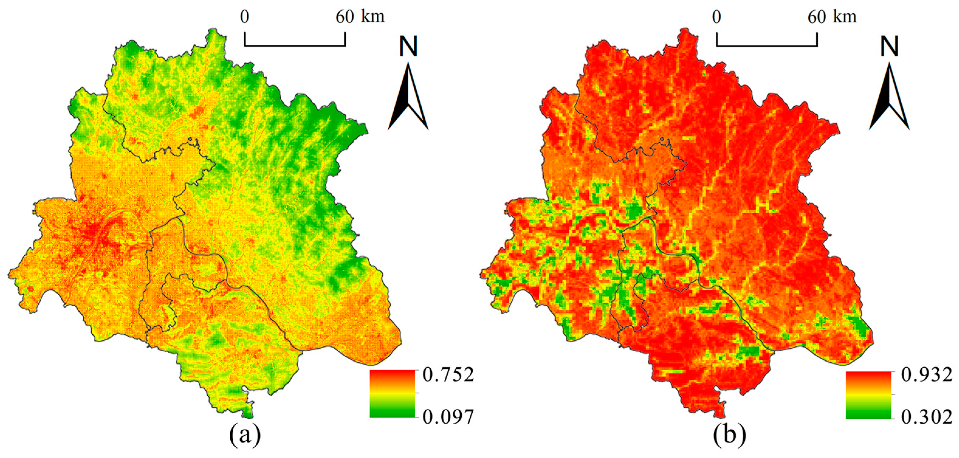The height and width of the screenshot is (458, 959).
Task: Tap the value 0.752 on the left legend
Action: coord(448,375)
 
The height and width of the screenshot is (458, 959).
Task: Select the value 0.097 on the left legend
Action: coord(448,417)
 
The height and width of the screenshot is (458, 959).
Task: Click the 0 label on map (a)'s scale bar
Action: coord(245,17)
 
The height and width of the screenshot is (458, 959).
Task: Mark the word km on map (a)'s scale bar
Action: coord(373,17)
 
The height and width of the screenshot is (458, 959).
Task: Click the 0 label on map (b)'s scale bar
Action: coord(717,17)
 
